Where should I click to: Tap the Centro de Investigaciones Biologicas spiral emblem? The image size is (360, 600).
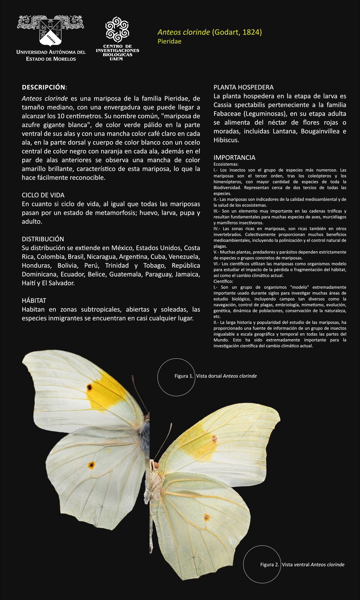pyautogui.click(x=117, y=29)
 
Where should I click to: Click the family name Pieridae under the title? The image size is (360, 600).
pyautogui.click(x=169, y=41)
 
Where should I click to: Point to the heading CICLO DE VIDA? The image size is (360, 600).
pyautogui.click(x=43, y=195)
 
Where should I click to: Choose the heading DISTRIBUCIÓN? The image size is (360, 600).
pyautogui.click(x=43, y=239)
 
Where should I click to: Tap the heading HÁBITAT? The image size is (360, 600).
pyautogui.click(x=34, y=301)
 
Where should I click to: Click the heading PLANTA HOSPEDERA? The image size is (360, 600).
pyautogui.click(x=244, y=87)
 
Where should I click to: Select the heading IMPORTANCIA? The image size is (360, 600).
pyautogui.click(x=234, y=157)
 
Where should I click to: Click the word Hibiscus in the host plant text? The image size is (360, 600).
pyautogui.click(x=226, y=140)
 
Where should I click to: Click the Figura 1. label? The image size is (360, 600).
pyautogui.click(x=184, y=376)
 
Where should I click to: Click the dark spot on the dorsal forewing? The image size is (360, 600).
pyautogui.click(x=89, y=388)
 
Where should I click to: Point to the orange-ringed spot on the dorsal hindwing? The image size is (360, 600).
pyautogui.click(x=91, y=465)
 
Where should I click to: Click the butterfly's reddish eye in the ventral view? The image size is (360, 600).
pyautogui.click(x=156, y=465)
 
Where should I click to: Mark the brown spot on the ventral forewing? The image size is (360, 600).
pyautogui.click(x=214, y=439)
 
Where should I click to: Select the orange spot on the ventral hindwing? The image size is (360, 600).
pyautogui.click(x=207, y=517)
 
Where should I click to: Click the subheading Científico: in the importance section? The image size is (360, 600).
pyautogui.click(x=223, y=281)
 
